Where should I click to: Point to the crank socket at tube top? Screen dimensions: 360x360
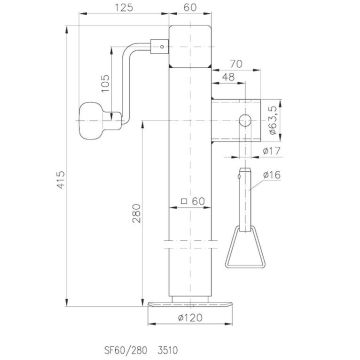point(158,45)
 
